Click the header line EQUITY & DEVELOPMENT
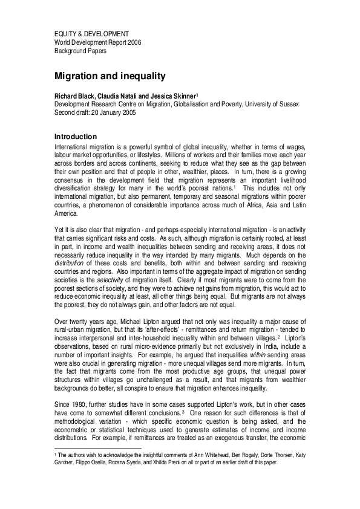click(x=91, y=33)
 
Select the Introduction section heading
click(x=76, y=137)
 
